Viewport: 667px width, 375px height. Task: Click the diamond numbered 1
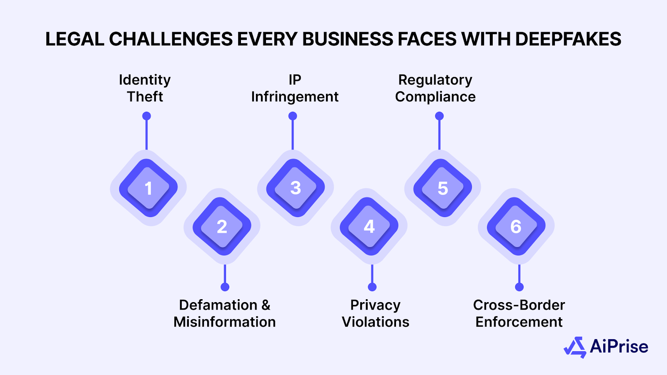[148, 188]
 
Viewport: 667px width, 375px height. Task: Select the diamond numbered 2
[222, 227]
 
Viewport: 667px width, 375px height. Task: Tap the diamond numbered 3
[296, 188]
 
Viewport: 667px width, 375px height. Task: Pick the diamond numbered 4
[369, 227]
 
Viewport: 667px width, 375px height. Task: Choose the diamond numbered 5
[443, 188]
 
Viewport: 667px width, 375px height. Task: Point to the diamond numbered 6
[516, 227]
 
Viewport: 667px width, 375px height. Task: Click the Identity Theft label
[145, 88]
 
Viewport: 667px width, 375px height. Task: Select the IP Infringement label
[295, 88]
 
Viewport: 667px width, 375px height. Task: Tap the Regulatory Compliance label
[435, 88]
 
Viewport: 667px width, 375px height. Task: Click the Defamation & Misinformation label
[225, 313]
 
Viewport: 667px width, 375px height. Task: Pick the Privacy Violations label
[376, 313]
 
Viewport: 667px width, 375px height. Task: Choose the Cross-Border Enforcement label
[519, 313]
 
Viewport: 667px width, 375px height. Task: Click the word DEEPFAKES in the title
[568, 39]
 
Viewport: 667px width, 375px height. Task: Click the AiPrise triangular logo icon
[575, 347]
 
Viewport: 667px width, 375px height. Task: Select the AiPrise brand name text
[619, 347]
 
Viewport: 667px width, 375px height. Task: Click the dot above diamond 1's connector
[146, 116]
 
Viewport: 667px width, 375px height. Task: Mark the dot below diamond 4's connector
[372, 287]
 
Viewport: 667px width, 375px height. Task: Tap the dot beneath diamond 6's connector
[519, 287]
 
